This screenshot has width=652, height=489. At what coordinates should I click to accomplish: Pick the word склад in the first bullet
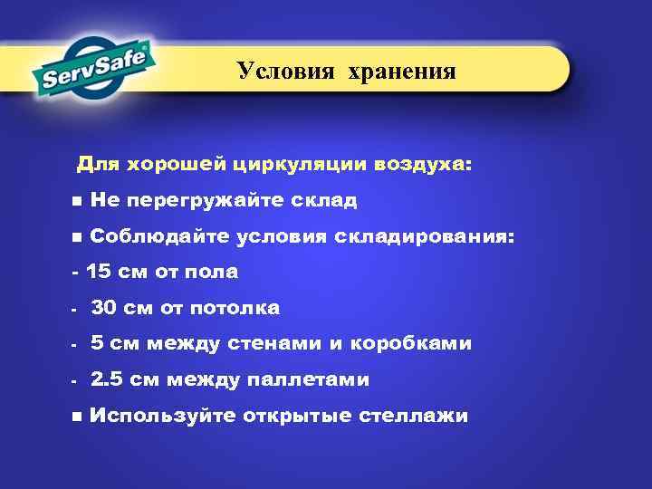[327, 200]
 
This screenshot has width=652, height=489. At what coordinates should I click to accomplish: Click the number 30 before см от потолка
[104, 309]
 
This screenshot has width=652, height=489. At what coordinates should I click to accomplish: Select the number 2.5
[107, 379]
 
